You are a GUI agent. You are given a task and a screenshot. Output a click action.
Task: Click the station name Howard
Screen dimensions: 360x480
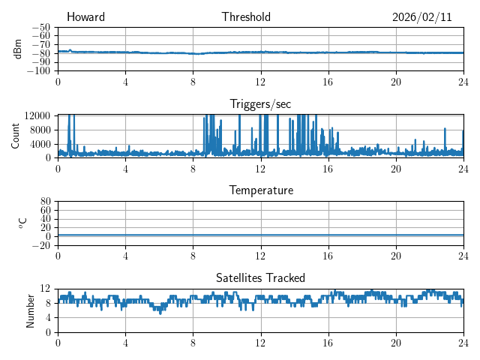point(85,17)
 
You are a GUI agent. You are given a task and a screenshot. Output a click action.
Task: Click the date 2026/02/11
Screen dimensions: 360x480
point(421,17)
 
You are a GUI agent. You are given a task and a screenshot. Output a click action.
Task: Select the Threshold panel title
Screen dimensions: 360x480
point(246,17)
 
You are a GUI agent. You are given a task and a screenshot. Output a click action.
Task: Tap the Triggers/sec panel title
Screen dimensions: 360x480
point(260,103)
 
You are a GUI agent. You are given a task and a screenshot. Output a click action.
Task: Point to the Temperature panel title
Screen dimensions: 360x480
point(260,190)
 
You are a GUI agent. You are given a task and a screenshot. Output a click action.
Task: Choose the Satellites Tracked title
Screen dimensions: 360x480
point(260,277)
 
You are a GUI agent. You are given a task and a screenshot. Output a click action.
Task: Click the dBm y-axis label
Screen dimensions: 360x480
point(18,49)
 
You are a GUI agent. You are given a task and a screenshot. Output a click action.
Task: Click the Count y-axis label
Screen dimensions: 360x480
point(16,136)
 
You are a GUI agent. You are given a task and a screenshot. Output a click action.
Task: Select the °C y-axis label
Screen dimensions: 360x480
point(22,223)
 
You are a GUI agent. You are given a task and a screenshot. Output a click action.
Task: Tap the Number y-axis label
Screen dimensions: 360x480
point(31,310)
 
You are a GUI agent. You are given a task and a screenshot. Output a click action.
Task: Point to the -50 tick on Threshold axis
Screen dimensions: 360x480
point(40,27)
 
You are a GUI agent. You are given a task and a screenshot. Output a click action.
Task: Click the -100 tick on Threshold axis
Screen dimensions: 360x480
point(38,71)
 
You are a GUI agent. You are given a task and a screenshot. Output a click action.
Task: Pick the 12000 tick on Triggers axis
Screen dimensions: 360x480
point(36,115)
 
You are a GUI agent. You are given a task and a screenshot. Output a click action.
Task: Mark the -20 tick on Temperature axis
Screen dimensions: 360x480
point(40,245)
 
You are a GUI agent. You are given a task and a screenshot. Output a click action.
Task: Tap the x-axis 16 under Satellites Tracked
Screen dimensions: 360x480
point(328,343)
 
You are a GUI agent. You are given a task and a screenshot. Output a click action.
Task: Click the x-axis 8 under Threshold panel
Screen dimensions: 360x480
point(193,82)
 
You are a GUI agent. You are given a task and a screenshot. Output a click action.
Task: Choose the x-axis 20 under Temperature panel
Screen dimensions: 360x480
point(396,256)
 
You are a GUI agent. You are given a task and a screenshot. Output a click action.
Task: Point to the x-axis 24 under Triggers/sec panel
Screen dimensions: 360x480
point(463,169)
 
